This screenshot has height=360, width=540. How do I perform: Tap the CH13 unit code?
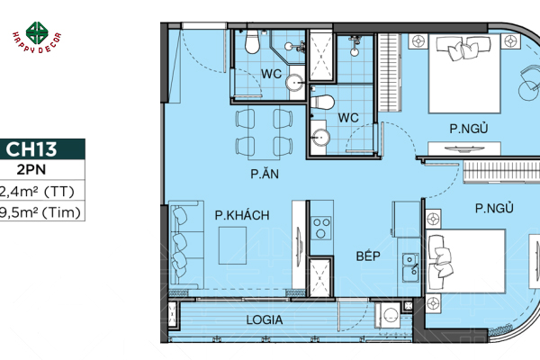tap(40, 149)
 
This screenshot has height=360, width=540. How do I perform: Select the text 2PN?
tap(40, 168)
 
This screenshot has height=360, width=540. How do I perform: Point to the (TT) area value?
tap(40, 190)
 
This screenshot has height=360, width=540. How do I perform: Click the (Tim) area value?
tap(40, 212)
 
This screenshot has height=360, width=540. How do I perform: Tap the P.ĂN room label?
tap(263, 174)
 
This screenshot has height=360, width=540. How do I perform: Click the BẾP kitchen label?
tap(365, 256)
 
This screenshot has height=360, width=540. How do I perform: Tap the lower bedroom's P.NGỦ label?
tap(494, 209)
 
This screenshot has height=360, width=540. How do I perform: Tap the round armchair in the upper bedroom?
tap(526, 83)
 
